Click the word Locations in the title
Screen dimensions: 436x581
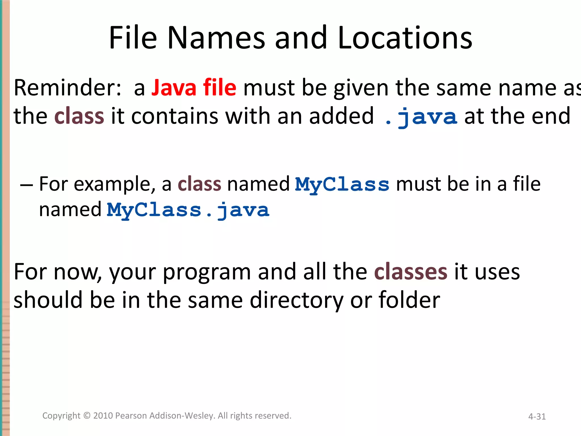pyautogui.click(x=405, y=37)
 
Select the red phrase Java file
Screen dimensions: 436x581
pyautogui.click(x=194, y=88)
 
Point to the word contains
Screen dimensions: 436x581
pyautogui.click(x=175, y=116)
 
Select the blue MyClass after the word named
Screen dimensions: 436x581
pyautogui.click(x=342, y=185)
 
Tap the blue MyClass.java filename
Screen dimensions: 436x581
pyautogui.click(x=188, y=210)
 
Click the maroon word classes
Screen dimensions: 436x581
pyautogui.click(x=411, y=272)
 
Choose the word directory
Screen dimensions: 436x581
pyautogui.click(x=296, y=300)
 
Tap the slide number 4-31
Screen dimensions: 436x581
pyautogui.click(x=537, y=416)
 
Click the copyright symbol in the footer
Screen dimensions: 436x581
pyautogui.click(x=87, y=416)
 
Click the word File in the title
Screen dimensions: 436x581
pyautogui.click(x=133, y=37)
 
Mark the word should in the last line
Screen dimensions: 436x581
pyautogui.click(x=48, y=300)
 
